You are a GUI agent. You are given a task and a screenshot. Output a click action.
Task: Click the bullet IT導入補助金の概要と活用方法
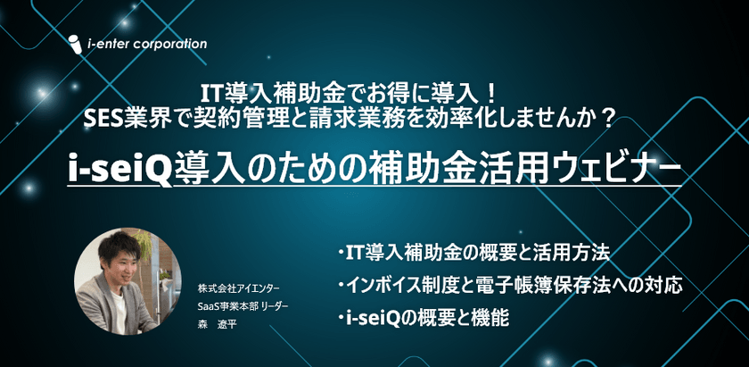pyautogui.click(x=473, y=253)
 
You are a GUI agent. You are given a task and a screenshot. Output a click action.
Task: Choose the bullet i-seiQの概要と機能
pyautogui.click(x=423, y=319)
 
